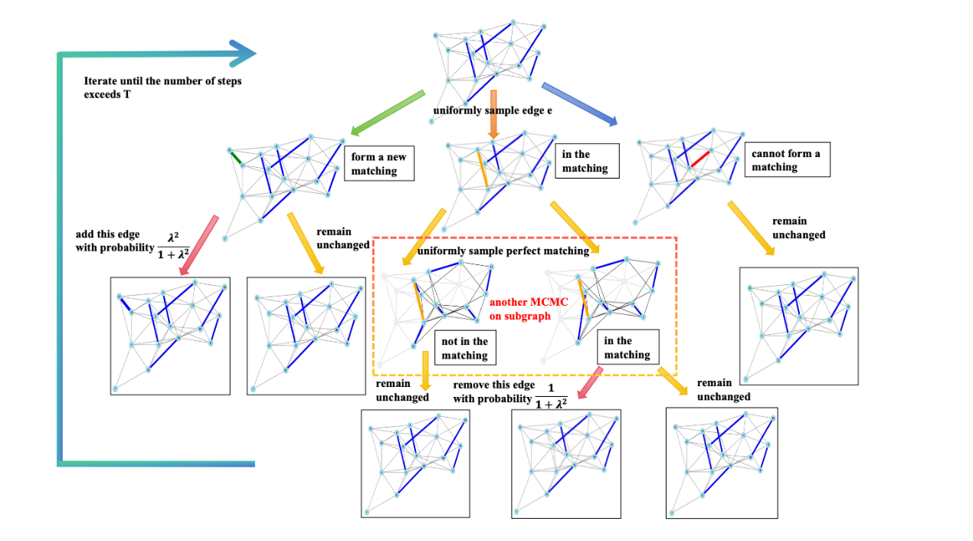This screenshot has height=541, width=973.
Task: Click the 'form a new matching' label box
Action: [x=380, y=164]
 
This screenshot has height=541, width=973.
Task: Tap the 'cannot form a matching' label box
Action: [x=787, y=160]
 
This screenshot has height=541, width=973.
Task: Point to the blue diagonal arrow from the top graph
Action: [x=579, y=103]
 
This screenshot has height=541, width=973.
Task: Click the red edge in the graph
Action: [x=699, y=159]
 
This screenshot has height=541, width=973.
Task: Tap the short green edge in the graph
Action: [x=236, y=157]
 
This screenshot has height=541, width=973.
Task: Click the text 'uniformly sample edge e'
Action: [x=492, y=110]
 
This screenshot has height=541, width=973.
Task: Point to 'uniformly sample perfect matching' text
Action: [x=503, y=251]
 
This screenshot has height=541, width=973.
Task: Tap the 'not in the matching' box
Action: [x=464, y=349]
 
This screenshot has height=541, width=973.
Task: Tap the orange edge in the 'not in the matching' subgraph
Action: [x=419, y=301]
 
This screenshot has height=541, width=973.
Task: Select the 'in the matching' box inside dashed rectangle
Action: [x=628, y=347]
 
